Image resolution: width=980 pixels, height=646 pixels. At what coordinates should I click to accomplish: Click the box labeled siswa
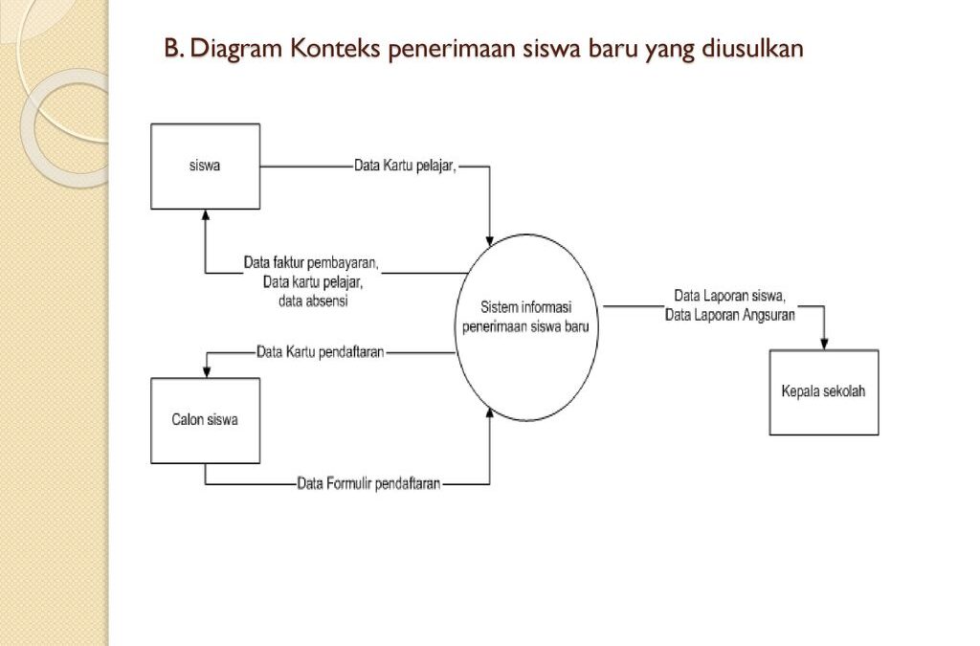205,167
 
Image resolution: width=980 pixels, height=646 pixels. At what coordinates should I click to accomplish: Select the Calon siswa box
205,420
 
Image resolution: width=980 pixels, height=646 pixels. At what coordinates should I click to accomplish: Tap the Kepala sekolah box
824,392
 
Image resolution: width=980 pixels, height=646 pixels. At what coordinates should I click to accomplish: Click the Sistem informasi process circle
526,327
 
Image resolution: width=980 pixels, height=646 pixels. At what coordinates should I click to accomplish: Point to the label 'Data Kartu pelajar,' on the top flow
406,167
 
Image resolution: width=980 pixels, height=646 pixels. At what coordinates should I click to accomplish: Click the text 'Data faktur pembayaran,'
311,262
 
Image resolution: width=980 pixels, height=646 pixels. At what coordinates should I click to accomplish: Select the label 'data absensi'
313,301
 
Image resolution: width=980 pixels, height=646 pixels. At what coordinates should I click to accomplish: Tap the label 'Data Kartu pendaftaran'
320,352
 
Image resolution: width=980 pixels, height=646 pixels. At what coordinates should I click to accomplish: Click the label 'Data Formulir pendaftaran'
368,483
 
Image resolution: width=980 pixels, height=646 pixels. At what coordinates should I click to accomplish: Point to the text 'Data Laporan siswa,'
729,296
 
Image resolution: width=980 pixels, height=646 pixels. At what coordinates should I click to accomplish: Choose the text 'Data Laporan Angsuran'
730,315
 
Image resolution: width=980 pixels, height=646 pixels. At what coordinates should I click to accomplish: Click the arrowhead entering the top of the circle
489,241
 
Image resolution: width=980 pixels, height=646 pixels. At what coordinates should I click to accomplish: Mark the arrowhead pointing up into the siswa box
206,215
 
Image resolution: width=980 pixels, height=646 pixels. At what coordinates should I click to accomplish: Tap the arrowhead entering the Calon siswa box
207,372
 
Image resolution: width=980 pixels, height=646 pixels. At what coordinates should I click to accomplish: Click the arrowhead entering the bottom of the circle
489,413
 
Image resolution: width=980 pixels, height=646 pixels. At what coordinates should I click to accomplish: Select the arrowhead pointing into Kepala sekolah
824,345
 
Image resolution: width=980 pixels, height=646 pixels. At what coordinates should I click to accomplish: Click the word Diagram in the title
236,49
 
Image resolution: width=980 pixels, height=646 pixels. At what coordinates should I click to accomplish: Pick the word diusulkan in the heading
752,48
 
